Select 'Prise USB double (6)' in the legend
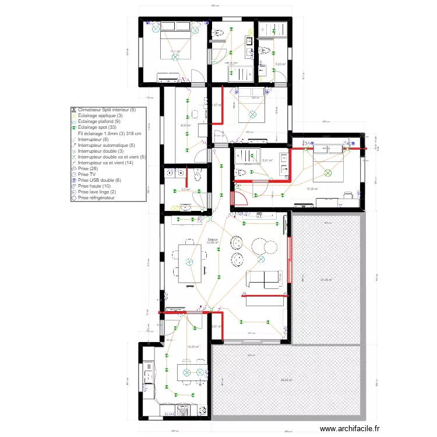[98, 180]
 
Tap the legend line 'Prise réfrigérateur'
[97, 198]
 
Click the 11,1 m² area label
[174, 52]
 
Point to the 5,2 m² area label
[185, 189]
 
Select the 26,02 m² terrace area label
[286, 380]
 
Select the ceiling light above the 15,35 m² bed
[327, 173]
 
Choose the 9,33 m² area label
[185, 125]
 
